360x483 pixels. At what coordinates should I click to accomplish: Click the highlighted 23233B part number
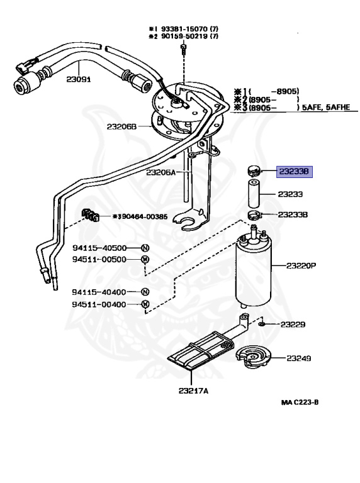coord(295,172)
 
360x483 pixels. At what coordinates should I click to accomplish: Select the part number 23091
coord(80,81)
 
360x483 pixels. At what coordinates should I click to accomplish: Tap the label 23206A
coord(160,172)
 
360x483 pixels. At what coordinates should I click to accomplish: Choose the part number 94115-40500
coord(99,247)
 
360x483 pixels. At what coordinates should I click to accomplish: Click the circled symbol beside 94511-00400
coord(145,305)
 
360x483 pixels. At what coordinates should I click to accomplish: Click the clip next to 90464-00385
coord(92,216)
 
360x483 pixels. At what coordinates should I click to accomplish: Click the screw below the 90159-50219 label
coord(183,50)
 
